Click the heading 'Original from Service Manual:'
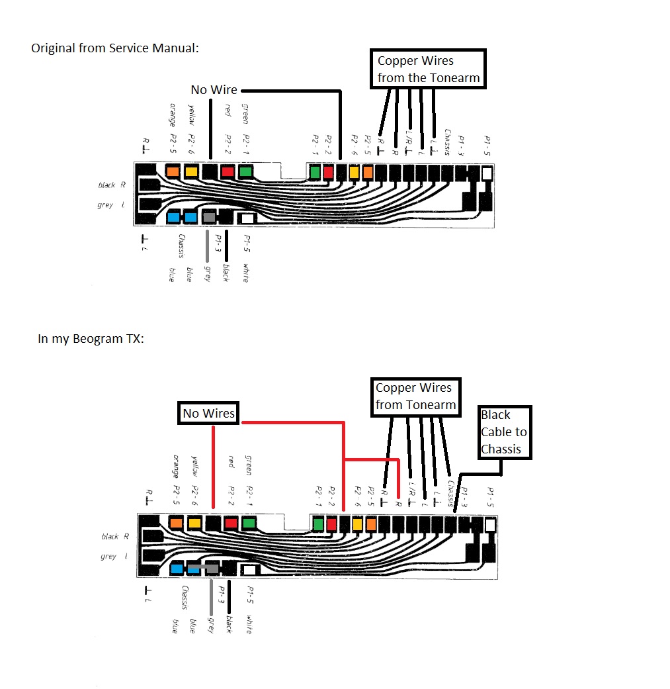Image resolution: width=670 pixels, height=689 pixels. (x=114, y=48)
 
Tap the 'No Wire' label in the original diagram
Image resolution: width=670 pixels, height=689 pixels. (x=214, y=89)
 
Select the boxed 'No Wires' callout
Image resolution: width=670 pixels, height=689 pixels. (x=208, y=414)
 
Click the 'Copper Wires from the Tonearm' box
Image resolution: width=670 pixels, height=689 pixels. (x=428, y=69)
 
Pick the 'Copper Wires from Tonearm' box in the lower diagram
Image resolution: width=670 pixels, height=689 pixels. (x=415, y=396)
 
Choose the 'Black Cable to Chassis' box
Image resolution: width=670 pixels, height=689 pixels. (x=505, y=432)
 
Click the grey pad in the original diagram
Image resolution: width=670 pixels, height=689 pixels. (x=209, y=217)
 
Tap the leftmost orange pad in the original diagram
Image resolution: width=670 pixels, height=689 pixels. (x=173, y=172)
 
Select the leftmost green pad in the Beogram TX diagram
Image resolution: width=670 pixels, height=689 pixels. (x=249, y=524)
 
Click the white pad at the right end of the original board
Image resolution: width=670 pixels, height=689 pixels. (x=487, y=173)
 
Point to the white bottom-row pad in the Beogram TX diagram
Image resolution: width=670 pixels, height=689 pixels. (x=250, y=569)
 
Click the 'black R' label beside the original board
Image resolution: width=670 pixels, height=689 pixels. (x=111, y=185)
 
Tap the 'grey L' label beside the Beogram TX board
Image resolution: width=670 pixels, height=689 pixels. (x=113, y=557)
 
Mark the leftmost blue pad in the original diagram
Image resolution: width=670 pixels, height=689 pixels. (x=174, y=217)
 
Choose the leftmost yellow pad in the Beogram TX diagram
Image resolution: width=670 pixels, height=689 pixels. (x=194, y=524)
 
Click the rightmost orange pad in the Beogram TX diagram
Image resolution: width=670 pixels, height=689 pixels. (x=370, y=525)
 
